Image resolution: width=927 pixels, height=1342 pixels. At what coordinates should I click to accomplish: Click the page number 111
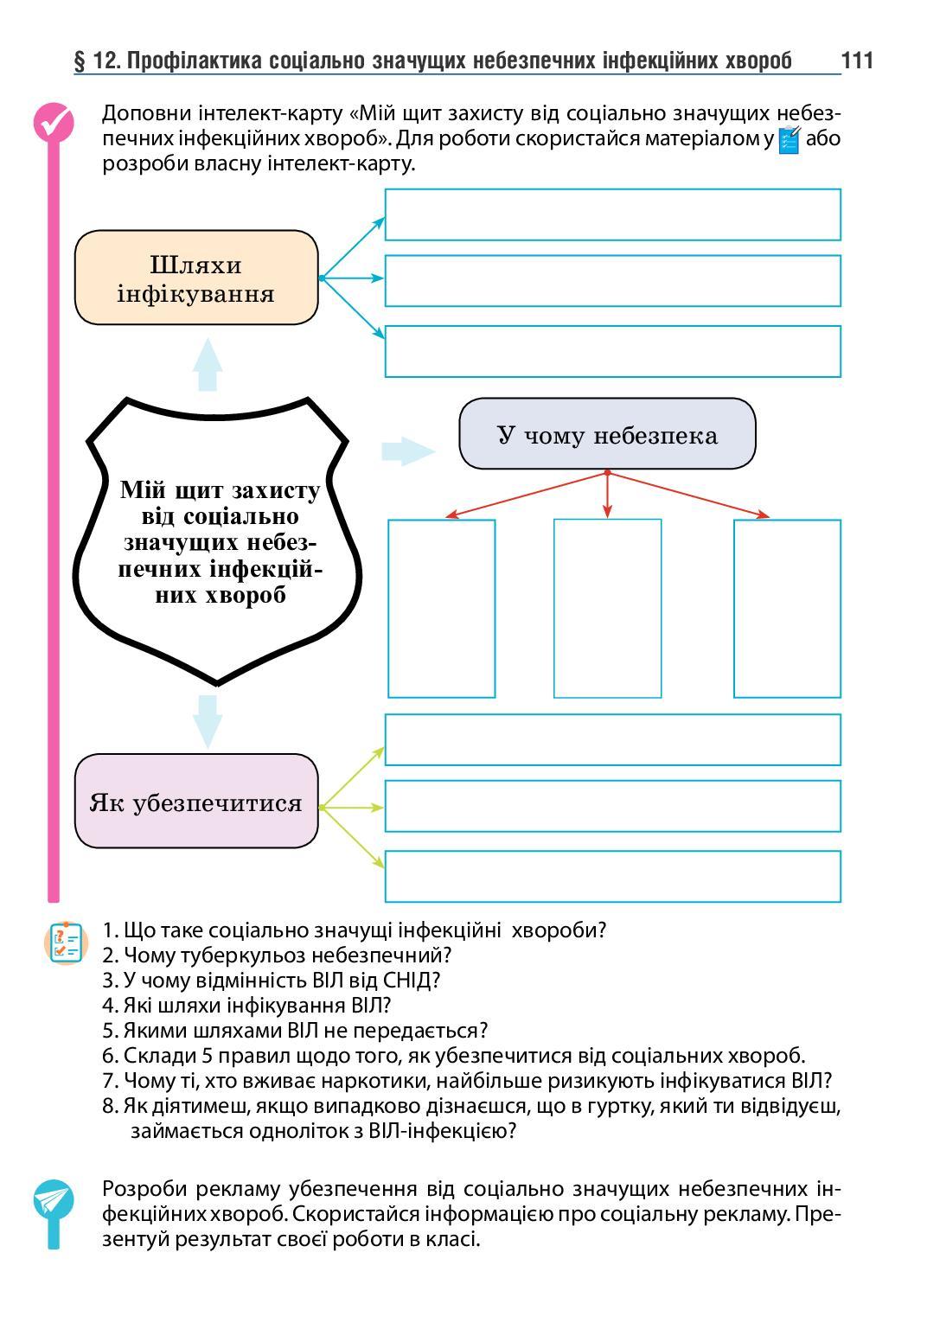(856, 61)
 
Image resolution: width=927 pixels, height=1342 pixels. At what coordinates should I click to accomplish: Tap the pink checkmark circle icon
(53, 122)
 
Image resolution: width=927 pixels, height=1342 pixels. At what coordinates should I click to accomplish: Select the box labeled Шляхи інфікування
(196, 278)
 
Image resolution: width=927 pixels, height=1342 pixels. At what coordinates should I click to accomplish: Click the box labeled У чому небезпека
(607, 434)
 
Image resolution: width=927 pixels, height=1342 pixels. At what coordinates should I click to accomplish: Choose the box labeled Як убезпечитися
(196, 802)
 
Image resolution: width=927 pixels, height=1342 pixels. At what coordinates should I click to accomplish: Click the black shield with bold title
(218, 541)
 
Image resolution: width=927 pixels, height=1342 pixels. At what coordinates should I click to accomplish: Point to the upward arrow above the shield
(208, 364)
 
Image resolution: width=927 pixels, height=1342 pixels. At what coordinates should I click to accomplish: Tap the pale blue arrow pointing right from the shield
(407, 451)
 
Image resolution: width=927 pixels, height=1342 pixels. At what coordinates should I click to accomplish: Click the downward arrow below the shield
(208, 720)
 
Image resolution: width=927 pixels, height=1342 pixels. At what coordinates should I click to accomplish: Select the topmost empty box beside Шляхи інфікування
(612, 214)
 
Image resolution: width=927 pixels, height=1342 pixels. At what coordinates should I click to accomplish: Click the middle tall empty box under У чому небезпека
(607, 608)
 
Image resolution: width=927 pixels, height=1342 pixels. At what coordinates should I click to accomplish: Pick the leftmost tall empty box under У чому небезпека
(441, 608)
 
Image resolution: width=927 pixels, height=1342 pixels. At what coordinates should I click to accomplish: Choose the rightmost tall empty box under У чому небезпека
(787, 608)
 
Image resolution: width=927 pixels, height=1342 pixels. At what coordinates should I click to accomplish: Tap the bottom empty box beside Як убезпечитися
(612, 876)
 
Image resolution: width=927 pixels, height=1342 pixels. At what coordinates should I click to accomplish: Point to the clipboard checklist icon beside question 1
(65, 943)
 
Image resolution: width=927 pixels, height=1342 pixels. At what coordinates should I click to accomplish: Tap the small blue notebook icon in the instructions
(790, 140)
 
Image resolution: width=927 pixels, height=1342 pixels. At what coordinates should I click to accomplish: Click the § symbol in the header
(80, 61)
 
